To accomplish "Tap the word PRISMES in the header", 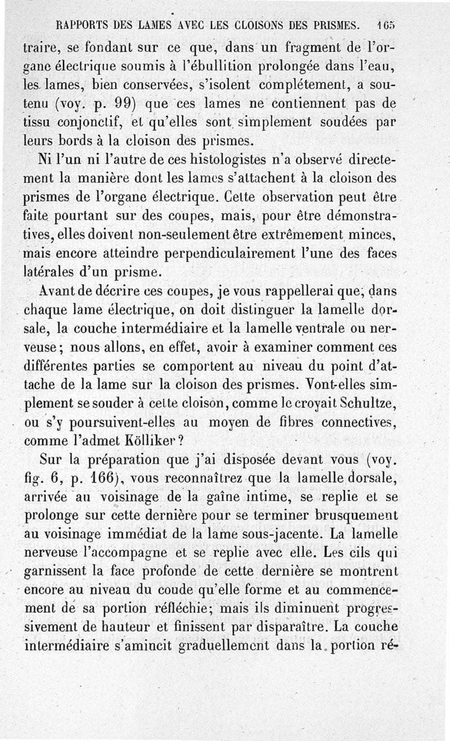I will tap(334, 26).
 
